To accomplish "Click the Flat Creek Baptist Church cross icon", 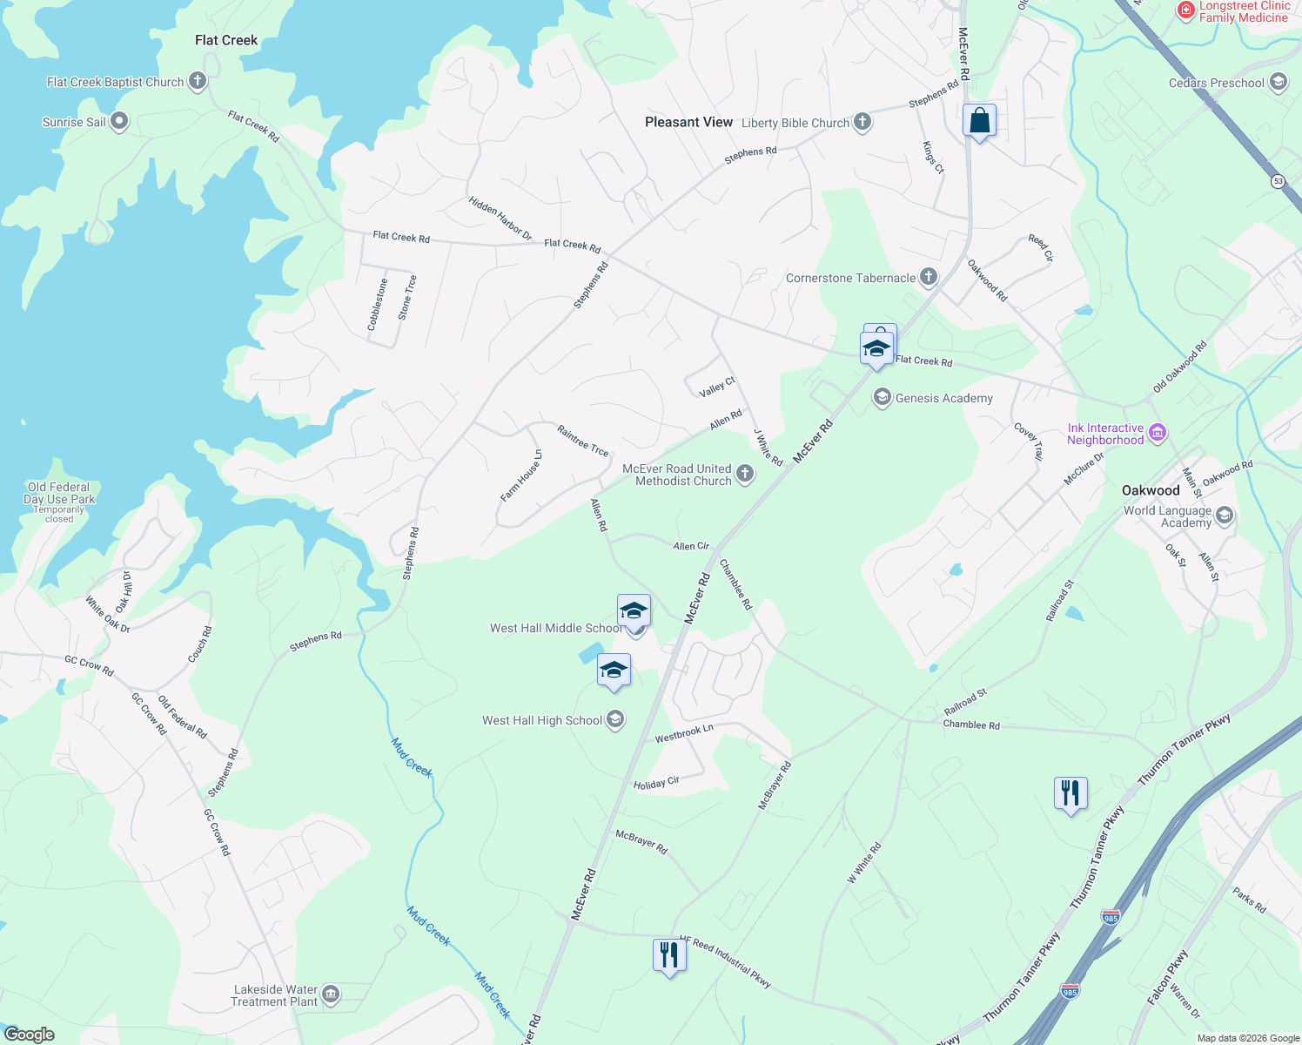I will (x=198, y=82).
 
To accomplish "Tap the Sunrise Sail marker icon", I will (x=119, y=122).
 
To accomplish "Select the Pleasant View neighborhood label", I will (x=688, y=122).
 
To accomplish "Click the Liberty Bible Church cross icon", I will (x=862, y=122).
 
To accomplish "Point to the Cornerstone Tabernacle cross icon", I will (x=929, y=278).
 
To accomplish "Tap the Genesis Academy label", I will (x=943, y=398).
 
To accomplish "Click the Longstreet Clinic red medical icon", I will (x=1185, y=10).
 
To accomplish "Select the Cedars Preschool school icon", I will (x=1279, y=83).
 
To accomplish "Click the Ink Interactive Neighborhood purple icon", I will (x=1158, y=433).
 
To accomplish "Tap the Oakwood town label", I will (x=1151, y=490).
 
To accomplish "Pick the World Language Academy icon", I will (x=1225, y=516).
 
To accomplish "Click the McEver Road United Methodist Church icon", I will (x=745, y=474).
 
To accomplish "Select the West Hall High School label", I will (x=541, y=720).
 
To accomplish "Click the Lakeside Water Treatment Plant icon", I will (x=331, y=994).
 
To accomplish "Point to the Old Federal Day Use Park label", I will (x=59, y=494).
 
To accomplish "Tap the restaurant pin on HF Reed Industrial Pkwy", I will (x=669, y=955).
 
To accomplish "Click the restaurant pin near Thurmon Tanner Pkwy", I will (x=1070, y=793).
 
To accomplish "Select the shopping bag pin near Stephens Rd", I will (x=979, y=121).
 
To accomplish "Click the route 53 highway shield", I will (x=1278, y=181).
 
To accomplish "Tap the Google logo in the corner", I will (x=30, y=1035).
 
